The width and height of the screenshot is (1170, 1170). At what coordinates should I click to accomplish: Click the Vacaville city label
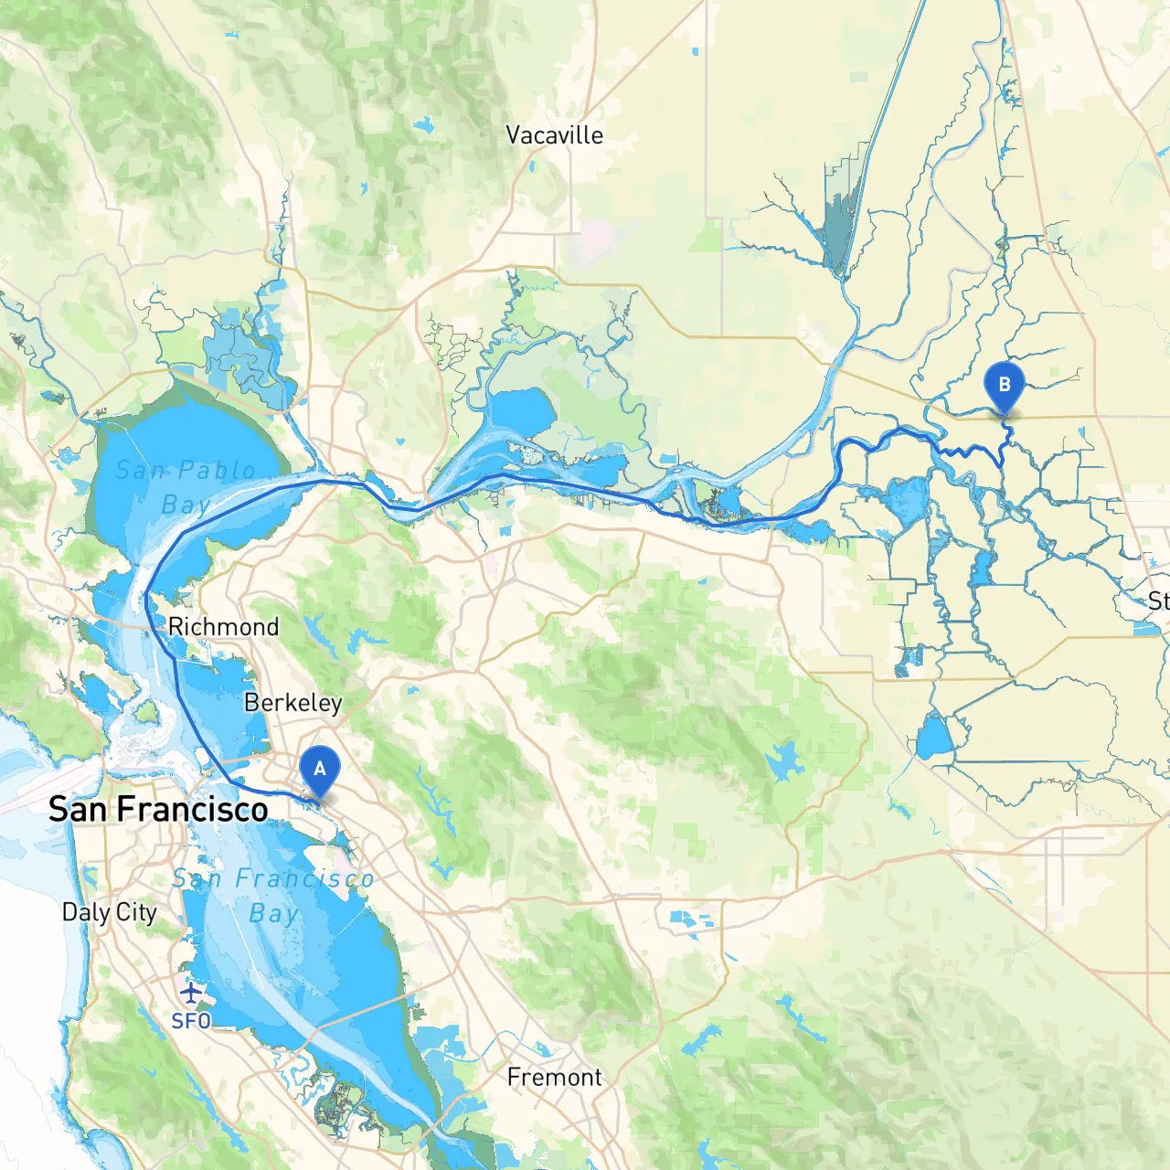tap(554, 135)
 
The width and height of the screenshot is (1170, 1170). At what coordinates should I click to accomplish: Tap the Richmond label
tap(223, 627)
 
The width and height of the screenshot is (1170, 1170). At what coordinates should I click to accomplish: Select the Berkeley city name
tap(292, 703)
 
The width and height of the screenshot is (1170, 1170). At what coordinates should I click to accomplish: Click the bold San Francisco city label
tap(158, 809)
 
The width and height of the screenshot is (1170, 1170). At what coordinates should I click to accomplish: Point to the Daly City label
tap(109, 912)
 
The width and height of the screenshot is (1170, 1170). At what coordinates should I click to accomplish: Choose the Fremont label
tap(554, 1078)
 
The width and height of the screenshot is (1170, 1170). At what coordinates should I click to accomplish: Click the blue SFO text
tap(191, 1021)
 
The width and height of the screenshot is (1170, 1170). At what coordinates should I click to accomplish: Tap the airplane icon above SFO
tap(190, 992)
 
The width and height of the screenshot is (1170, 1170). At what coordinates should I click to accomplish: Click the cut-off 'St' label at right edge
tap(1157, 601)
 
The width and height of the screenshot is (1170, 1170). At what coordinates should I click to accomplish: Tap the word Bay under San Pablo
tap(186, 505)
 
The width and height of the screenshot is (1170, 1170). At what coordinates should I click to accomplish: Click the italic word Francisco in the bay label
tap(304, 879)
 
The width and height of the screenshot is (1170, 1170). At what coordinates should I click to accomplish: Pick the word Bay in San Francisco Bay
tap(273, 914)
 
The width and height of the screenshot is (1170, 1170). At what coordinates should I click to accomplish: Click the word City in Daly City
tap(136, 912)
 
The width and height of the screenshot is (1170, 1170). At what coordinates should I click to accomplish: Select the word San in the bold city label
tap(78, 809)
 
